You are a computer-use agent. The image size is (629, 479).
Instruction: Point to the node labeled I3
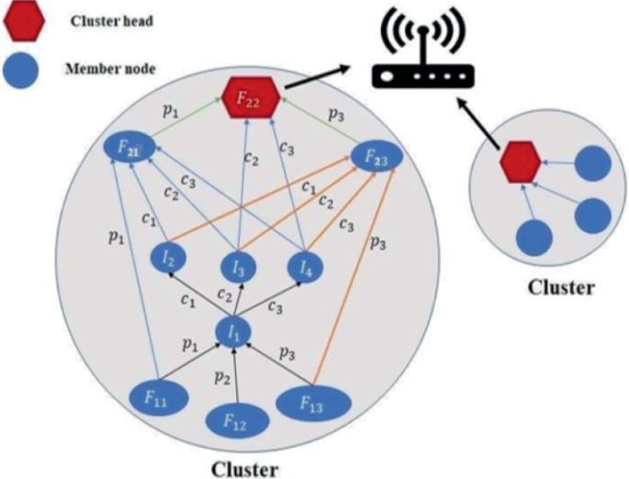[239, 268]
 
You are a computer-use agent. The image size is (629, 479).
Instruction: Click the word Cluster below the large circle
[245, 467]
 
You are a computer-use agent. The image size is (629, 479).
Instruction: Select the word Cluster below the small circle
[560, 287]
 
